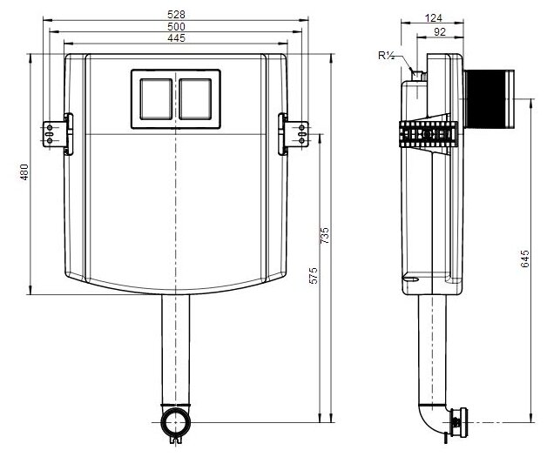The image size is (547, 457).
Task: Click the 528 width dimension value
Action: [176, 15]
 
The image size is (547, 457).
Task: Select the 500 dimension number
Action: [176, 26]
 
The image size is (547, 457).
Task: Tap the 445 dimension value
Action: [176, 38]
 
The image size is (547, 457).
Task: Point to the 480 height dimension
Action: [24, 171]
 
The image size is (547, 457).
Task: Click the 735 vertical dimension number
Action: [324, 236]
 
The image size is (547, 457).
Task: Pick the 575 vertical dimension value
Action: [314, 275]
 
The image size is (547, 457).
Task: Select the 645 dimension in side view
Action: [524, 259]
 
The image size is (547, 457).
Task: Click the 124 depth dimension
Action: [434, 17]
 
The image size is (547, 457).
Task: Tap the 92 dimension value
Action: [440, 31]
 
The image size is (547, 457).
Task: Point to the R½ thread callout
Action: [386, 56]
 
